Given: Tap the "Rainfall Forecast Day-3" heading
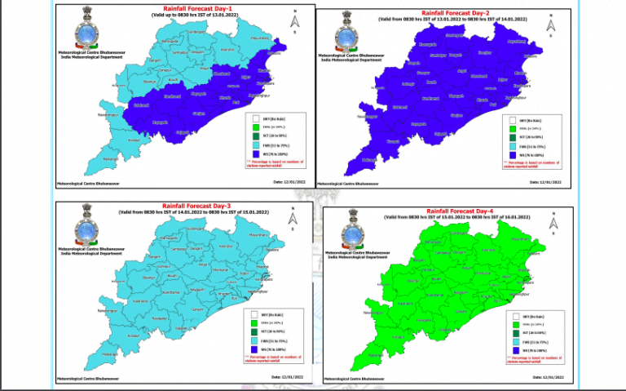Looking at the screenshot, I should tap(190, 206).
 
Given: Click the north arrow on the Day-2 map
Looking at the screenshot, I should tap(552, 27).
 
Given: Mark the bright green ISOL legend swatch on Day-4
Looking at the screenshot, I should tap(513, 324).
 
